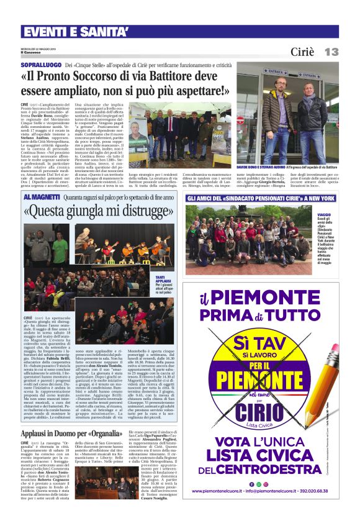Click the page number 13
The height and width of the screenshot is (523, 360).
click(x=331, y=52)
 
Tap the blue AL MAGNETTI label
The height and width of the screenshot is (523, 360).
click(x=42, y=197)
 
